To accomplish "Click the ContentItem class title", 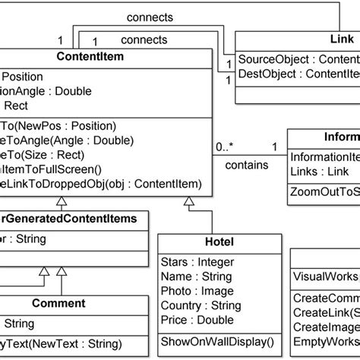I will [90, 55].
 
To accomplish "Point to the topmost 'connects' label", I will [149, 16].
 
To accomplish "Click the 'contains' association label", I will [247, 164].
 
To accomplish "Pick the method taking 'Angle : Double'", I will [68, 140].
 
